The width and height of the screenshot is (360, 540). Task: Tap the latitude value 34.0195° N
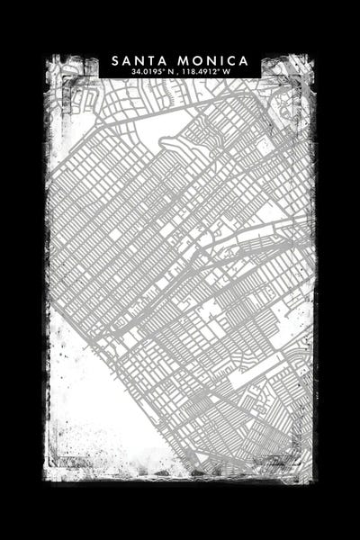click(x=154, y=71)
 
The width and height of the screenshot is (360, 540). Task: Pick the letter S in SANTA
click(x=116, y=60)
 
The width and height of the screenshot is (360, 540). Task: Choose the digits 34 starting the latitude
click(x=134, y=71)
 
